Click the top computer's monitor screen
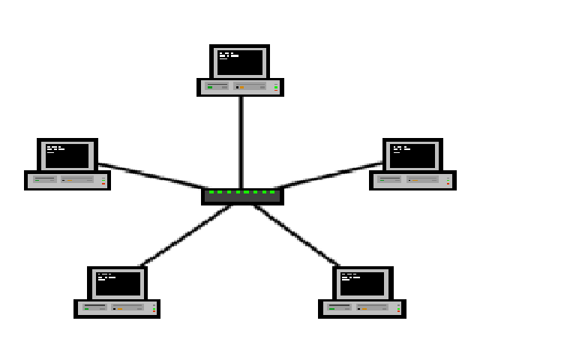[240, 62]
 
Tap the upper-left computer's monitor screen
[67, 156]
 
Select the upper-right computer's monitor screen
[412, 156]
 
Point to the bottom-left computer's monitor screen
[118, 283]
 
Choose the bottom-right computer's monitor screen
[362, 283]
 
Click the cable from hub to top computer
[241, 142]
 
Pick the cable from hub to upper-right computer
[330, 175]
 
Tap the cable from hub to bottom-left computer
[186, 235]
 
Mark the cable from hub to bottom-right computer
[296, 235]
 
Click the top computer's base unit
[240, 87]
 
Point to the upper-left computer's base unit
[67, 180]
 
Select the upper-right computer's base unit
[412, 180]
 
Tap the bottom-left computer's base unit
[117, 308]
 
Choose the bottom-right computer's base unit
[362, 308]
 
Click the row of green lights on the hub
[242, 192]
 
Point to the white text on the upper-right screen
[400, 148]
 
